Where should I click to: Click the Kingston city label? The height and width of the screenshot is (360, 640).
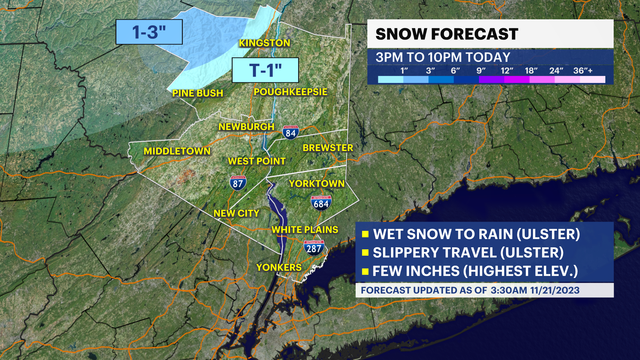coord(264,43)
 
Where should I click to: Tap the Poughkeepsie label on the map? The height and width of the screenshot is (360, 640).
coord(290,92)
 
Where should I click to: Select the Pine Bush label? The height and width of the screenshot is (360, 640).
coord(197,93)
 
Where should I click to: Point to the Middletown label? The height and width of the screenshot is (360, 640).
coord(177,151)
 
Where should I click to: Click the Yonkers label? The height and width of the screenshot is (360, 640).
coord(279,267)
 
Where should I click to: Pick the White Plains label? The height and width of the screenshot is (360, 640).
coord(305,230)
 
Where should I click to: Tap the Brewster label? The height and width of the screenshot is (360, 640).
coord(327,148)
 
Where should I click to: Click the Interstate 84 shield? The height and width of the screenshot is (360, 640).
coord(290,133)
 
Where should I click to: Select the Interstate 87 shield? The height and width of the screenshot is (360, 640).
coord(238,183)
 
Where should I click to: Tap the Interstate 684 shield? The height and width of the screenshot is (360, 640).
coord(321,203)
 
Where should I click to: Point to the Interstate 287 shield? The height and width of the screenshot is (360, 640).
coord(314,248)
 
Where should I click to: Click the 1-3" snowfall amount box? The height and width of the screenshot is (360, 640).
coord(149,32)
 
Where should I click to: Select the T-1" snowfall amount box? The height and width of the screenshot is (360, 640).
coord(265,70)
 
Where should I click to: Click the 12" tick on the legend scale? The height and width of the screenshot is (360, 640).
coord(507,71)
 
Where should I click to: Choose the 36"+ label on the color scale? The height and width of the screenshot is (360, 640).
coord(583,71)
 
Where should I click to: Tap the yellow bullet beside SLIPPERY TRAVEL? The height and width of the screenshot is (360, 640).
coord(365,253)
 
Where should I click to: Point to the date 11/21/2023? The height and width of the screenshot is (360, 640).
coord(555,290)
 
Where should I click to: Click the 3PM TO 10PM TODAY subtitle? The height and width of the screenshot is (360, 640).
coord(443,57)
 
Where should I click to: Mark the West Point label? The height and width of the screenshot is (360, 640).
coord(257,161)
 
